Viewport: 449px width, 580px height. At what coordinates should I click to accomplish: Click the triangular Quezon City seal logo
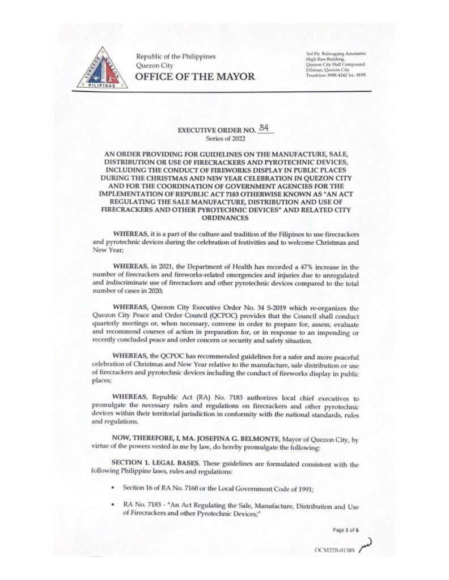(x=103, y=69)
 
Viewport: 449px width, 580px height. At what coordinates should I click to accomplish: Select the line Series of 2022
(x=224, y=138)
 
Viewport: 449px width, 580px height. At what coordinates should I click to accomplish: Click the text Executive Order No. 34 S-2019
(x=234, y=308)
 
